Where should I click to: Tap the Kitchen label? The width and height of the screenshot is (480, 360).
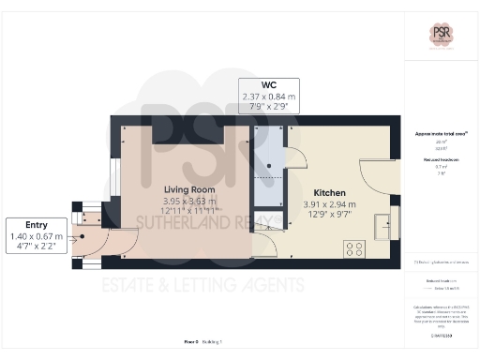[x=329, y=192]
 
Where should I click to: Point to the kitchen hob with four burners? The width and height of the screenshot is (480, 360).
[x=355, y=248]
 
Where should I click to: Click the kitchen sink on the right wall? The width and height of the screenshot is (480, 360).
[x=383, y=227]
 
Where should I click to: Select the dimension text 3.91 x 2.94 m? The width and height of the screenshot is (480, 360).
[x=329, y=203]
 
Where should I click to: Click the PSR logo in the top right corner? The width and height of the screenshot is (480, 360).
[x=442, y=33]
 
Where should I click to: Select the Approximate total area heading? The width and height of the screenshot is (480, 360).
[x=441, y=134]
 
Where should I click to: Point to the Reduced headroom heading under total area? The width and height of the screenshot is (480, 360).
[x=441, y=160]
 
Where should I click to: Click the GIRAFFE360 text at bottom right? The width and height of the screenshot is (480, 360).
[x=441, y=334]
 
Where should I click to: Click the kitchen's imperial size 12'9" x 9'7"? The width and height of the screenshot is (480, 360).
[x=329, y=215]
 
